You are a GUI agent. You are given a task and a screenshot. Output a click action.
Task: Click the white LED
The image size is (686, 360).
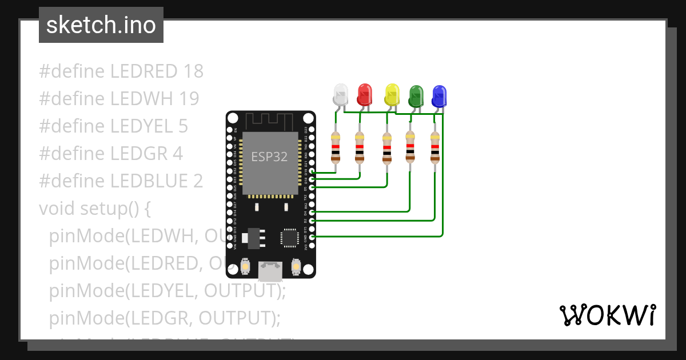tap(340, 94)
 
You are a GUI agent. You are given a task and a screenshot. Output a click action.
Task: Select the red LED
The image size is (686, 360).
tap(364, 94)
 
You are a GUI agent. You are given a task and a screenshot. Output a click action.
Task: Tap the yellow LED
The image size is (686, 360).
tap(392, 94)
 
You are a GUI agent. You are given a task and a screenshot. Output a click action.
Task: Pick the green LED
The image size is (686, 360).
tap(416, 95)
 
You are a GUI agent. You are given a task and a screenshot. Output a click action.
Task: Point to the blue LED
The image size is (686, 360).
tap(439, 96)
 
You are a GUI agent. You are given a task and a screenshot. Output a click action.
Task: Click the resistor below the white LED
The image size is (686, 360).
tap(335, 147)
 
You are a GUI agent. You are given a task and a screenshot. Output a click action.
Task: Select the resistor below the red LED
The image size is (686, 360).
tap(359, 147)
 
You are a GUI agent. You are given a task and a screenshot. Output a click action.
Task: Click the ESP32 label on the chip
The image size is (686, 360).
tap(269, 157)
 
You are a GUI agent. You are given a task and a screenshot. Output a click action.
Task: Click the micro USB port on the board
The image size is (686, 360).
tap(270, 271)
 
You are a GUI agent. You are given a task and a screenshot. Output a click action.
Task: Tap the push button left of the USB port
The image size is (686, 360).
tap(245, 266)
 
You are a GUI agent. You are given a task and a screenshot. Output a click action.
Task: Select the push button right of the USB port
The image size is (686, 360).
tap(296, 266)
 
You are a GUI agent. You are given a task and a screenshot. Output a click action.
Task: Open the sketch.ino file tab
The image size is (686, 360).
tap(101, 25)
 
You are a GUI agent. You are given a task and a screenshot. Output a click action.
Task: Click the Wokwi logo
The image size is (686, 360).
tap(607, 315)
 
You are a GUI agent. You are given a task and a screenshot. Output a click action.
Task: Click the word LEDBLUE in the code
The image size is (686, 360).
tap(149, 181)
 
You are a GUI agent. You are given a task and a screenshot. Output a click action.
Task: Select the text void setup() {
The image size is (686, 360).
tap(95, 209)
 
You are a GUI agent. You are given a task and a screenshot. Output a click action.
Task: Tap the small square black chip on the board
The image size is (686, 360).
tap(289, 237)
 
